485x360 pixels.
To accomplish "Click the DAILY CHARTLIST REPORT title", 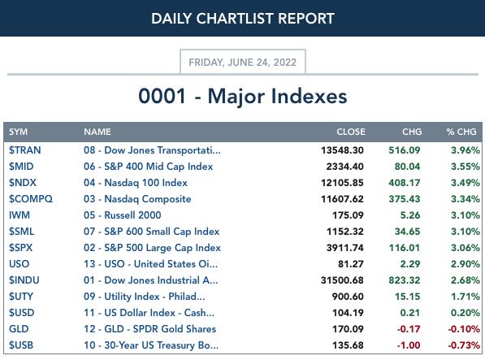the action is point(243,19).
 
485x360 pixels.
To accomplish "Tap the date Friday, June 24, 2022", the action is point(242,62).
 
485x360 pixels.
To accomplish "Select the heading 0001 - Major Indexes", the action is point(242,96).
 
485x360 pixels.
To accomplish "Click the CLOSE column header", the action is point(351,132).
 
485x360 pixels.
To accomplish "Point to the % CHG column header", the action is point(461,132).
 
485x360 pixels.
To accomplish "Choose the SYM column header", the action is point(18,132).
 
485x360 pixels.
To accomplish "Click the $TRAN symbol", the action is point(24,150).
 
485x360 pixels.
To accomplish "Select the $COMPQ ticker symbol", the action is point(31,199).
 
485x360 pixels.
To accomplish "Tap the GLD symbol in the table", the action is point(19,329).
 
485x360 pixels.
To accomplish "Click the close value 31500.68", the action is point(342,280).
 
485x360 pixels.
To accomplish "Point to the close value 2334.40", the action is point(345,167).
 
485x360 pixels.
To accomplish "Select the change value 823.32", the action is point(405,280).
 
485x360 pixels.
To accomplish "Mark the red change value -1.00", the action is point(409,345).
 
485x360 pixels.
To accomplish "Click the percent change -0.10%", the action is point(464,329).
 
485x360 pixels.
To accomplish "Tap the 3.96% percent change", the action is point(466,150).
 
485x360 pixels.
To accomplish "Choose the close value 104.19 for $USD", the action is point(348,313).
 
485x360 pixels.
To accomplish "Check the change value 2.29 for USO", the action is point(410,264).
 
